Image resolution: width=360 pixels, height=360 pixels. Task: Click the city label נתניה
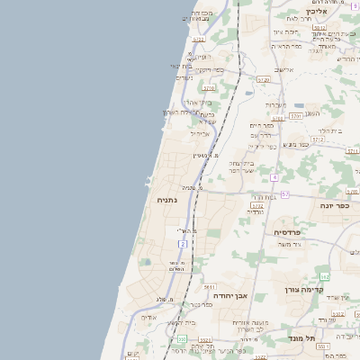(166, 200)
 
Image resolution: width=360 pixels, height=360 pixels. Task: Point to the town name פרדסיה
(289, 232)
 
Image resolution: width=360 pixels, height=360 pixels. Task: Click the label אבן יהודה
(229, 293)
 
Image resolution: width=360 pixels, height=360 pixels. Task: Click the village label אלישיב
(285, 69)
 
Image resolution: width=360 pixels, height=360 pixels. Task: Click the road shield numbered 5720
(264, 79)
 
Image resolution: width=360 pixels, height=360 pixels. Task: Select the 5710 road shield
(209, 88)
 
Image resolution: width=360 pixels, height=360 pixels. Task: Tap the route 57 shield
(285, 193)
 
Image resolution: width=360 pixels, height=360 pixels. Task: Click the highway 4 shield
(274, 177)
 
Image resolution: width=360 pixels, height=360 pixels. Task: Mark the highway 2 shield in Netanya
(183, 244)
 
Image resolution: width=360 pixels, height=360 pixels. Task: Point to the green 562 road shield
(324, 275)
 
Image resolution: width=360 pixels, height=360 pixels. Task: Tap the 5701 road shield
(295, 116)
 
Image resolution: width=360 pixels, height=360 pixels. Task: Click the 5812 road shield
(319, 28)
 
